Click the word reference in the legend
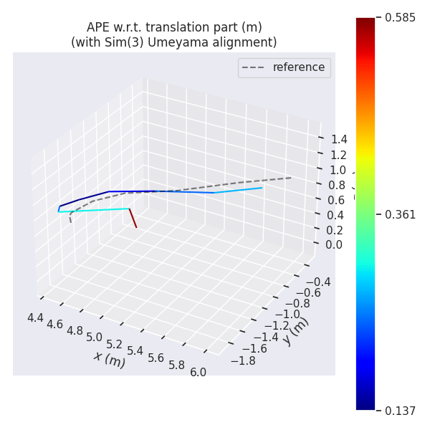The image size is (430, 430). click(298, 67)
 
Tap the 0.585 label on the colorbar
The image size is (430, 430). click(400, 18)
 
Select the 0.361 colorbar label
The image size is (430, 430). click(400, 214)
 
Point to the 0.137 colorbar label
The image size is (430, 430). click(400, 411)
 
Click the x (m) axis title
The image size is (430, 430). click(109, 359)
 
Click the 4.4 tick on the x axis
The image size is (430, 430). click(35, 317)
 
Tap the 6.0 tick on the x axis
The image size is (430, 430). click(198, 372)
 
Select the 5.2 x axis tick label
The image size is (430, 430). click(115, 344)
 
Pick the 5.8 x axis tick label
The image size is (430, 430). click(176, 365)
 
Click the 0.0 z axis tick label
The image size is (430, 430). click(334, 244)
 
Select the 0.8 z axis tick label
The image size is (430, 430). click(337, 185)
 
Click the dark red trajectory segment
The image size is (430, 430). click(133, 218)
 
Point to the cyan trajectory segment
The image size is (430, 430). click(93, 210)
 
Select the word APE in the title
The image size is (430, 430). click(99, 27)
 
